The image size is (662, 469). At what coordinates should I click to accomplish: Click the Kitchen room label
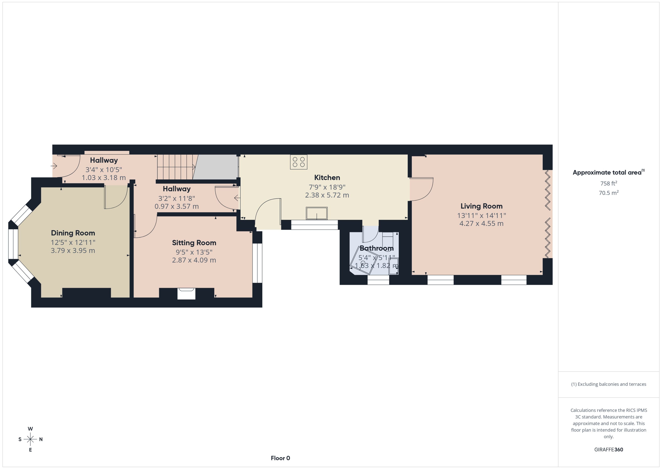[x=327, y=178]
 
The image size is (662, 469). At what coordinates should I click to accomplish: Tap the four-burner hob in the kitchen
[x=298, y=162]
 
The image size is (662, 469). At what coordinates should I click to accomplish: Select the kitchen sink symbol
[x=316, y=213]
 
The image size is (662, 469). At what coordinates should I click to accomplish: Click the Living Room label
[x=481, y=206]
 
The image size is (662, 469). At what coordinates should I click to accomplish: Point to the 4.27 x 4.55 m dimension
[x=481, y=224]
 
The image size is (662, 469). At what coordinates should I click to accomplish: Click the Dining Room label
[x=73, y=233]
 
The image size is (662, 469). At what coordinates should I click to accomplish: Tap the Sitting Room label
[x=194, y=243]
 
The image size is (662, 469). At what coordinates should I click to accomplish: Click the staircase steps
[x=176, y=167]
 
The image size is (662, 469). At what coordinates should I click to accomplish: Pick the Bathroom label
[x=376, y=248]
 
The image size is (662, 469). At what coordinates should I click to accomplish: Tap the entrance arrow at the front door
[x=54, y=166]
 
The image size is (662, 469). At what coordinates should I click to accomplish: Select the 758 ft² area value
[x=608, y=183]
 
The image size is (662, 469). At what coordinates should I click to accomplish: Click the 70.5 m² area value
[x=608, y=193]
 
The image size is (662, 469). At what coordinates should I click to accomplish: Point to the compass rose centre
[x=30, y=439]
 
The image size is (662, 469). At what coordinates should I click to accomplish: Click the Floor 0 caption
[x=280, y=458]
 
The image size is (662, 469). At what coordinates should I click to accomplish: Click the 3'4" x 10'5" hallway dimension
[x=103, y=170]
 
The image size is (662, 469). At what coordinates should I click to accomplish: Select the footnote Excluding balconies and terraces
[x=608, y=384]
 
